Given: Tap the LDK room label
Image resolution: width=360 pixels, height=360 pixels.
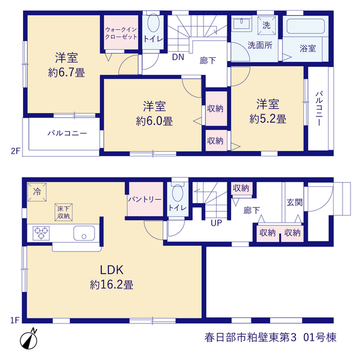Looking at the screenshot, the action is [111, 270].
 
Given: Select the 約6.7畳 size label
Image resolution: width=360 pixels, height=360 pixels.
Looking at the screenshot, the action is [66, 73].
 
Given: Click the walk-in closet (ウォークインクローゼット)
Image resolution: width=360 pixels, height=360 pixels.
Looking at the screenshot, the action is [121, 32].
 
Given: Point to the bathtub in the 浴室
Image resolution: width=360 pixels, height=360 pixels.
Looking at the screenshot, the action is [305, 26].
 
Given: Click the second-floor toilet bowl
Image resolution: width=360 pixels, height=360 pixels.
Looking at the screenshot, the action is [154, 22].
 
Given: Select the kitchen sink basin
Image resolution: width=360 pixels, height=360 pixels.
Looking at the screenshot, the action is [84, 233].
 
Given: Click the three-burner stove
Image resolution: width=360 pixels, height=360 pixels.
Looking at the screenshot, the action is [41, 233].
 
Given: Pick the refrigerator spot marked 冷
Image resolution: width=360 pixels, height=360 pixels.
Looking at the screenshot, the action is [37, 192].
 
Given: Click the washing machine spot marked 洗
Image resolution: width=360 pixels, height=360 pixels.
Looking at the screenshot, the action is [266, 25].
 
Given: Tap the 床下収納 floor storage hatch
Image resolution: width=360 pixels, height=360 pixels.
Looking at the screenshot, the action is [64, 212].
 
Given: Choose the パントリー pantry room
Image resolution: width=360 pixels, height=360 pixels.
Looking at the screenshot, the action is [145, 199].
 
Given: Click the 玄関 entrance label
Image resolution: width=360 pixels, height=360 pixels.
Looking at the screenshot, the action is [295, 202].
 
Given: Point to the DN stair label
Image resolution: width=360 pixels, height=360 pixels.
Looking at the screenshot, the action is [178, 57].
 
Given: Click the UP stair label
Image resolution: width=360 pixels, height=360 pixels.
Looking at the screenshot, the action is [216, 223].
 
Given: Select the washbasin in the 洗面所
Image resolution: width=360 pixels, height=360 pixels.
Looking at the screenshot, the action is [241, 24].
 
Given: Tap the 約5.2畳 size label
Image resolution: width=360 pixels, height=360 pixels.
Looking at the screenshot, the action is [268, 119].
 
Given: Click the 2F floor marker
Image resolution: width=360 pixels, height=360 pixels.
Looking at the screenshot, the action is [15, 151].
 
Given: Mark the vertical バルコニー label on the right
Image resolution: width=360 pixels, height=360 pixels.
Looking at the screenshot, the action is [319, 109].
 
